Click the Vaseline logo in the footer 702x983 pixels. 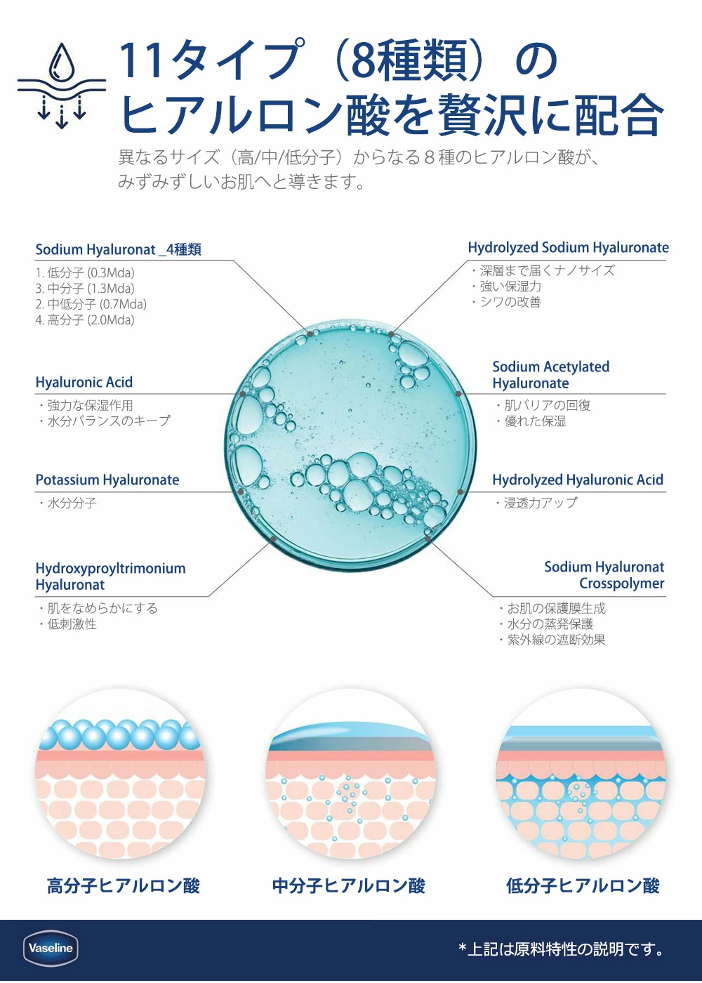click(51, 949)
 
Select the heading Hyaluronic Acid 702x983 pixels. click(84, 382)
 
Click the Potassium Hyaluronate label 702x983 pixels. click(107, 480)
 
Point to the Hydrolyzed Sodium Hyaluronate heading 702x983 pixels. click(568, 248)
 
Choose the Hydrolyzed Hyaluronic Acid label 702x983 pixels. click(578, 480)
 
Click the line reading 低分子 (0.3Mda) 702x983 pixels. click(85, 273)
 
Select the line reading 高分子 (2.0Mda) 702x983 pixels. click(85, 320)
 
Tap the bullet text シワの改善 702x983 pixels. click(507, 302)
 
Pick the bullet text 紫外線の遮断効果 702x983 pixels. click(552, 640)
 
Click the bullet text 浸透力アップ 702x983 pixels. click(536, 503)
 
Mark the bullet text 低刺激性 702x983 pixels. click(68, 624)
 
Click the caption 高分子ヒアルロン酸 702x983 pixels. click(124, 885)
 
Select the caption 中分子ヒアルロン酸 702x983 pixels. click(349, 885)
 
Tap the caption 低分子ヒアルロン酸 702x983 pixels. click(583, 885)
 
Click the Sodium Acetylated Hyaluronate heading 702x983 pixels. click(551, 375)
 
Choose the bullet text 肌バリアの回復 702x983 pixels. click(543, 405)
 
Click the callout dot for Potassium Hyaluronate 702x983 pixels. click(240, 492)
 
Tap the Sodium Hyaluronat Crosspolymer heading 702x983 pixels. click(604, 575)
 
